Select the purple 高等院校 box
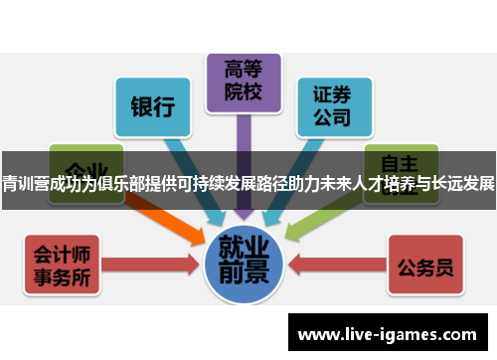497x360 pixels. [244, 84]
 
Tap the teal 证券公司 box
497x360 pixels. [332, 106]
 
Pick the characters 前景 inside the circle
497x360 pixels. [244, 272]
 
